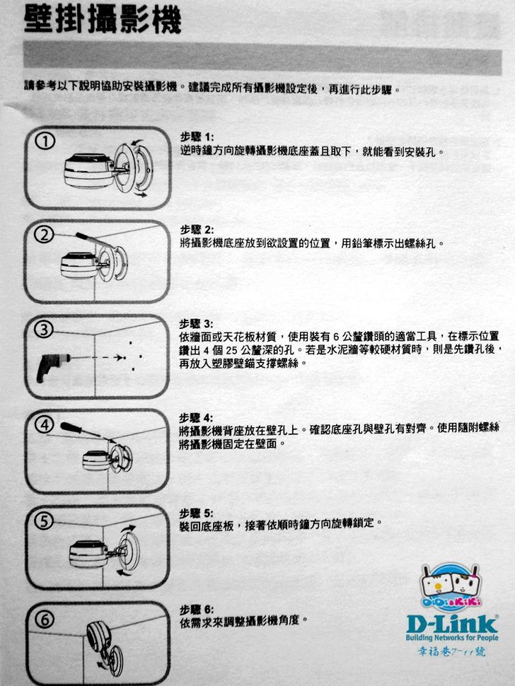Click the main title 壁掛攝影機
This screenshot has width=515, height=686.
click(x=103, y=21)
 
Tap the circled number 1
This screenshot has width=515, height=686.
click(x=45, y=141)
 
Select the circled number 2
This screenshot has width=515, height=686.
click(x=44, y=236)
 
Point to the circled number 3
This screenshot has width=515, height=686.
click(x=44, y=330)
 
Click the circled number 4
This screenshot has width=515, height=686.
click(x=45, y=425)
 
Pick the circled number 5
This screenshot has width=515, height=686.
click(x=44, y=521)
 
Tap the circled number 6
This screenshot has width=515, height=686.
click(x=45, y=619)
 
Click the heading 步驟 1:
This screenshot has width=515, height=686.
click(x=197, y=137)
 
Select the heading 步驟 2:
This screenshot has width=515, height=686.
click(x=197, y=230)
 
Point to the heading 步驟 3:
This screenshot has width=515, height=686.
click(x=197, y=324)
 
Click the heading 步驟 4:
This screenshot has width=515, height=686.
click(x=197, y=418)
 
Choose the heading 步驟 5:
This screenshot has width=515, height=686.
click(x=197, y=513)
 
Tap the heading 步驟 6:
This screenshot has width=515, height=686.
click(x=197, y=610)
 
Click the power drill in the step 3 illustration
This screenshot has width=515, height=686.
click(x=52, y=366)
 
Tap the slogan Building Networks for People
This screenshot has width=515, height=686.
click(x=452, y=638)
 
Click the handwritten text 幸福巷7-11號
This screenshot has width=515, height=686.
click(x=451, y=652)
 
